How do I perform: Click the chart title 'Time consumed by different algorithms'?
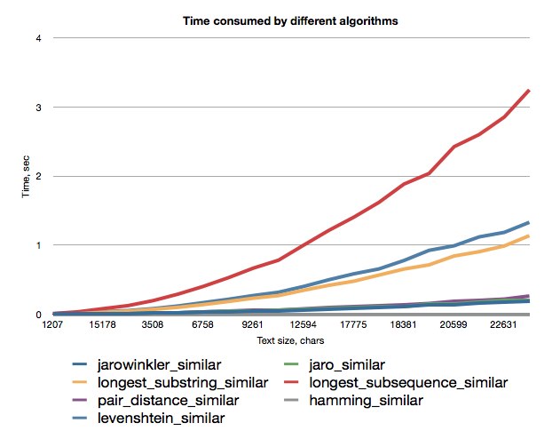(290, 21)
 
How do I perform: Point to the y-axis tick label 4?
(38, 38)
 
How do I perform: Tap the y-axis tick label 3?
(38, 108)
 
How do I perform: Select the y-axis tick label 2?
(38, 176)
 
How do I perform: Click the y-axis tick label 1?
(38, 245)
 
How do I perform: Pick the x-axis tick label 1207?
(52, 324)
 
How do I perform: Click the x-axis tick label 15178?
(102, 324)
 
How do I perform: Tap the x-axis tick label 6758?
(202, 324)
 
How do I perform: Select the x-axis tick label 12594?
(303, 324)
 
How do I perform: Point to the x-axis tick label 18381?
(403, 324)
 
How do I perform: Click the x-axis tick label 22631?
(503, 324)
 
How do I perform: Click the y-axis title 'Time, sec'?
(26, 176)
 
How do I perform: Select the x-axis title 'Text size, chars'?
(290, 340)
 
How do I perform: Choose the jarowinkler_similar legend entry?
(146, 365)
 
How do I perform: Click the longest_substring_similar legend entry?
(170, 382)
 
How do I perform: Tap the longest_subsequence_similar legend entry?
(396, 382)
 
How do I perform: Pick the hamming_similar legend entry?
(353, 400)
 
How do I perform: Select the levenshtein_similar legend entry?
(148, 418)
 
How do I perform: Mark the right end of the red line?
(529, 91)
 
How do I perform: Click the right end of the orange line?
(529, 236)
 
